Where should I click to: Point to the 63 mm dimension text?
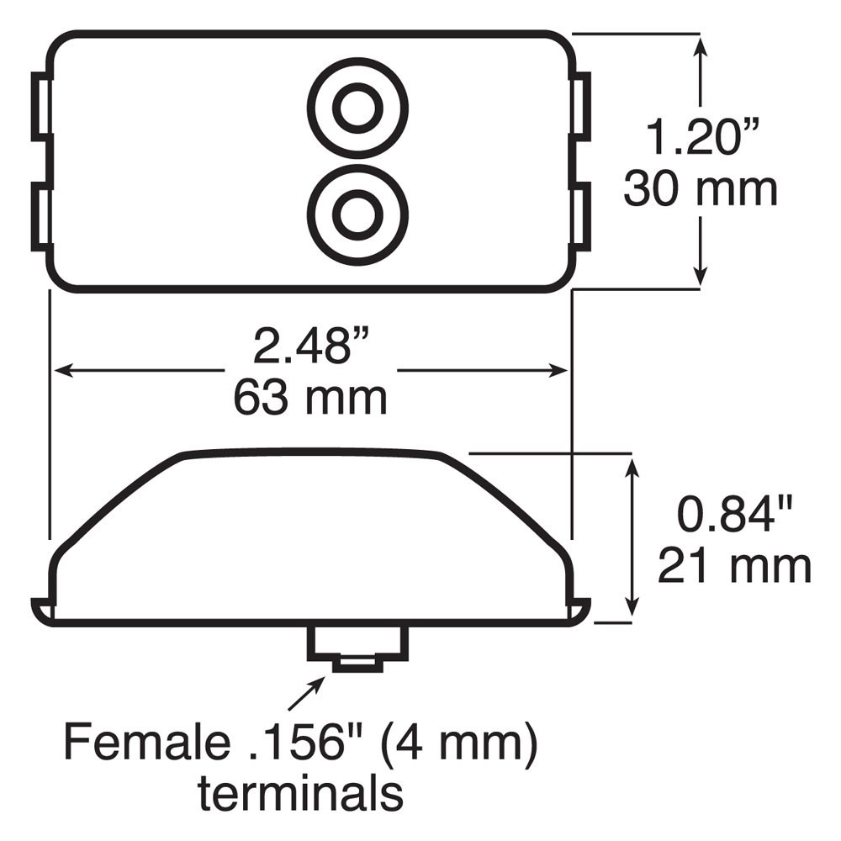(x=310, y=398)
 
